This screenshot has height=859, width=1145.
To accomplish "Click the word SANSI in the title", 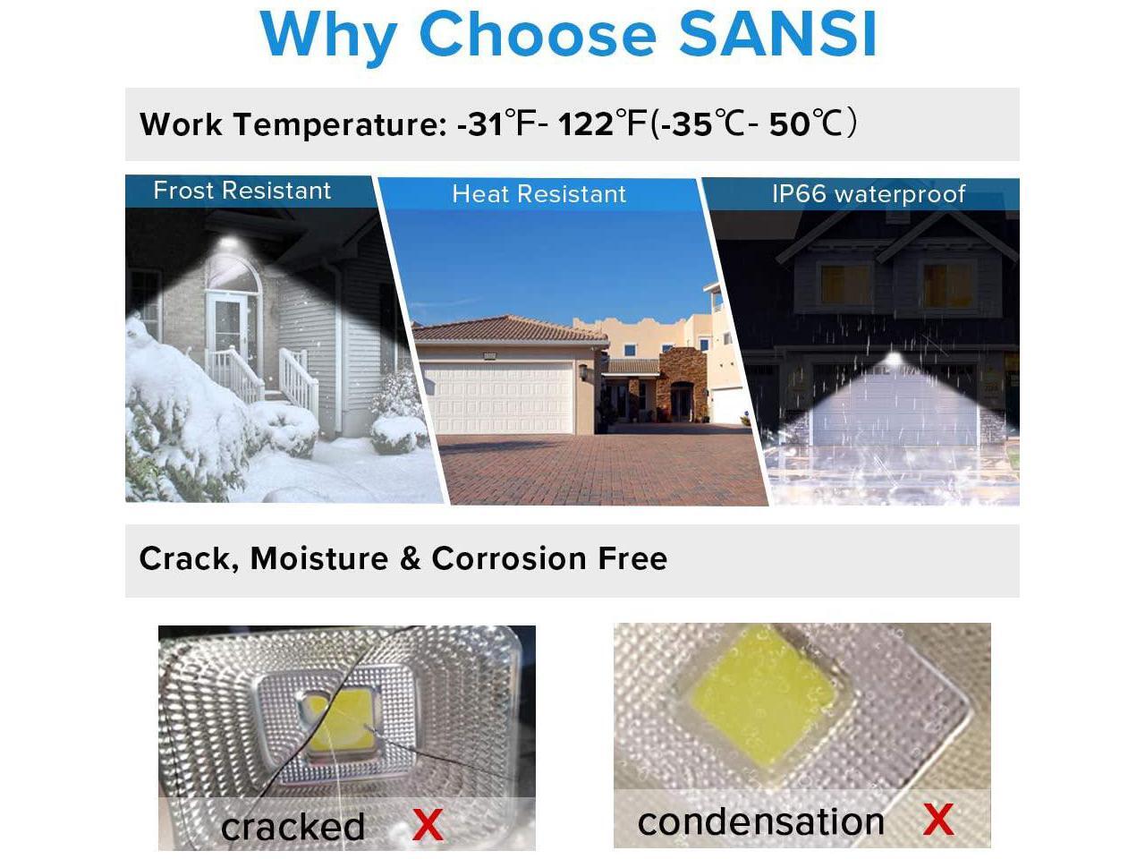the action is [x=777, y=34].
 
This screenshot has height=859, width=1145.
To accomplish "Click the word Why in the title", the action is [x=328, y=38].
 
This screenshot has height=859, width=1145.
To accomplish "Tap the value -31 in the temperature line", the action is [x=479, y=124].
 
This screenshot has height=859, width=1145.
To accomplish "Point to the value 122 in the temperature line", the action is [x=585, y=124].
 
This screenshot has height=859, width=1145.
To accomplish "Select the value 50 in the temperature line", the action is [x=790, y=124].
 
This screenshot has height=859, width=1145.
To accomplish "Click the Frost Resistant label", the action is [x=242, y=191].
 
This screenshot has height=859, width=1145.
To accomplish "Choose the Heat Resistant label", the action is [x=539, y=194].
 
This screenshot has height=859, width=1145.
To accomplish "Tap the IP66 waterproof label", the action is [x=869, y=194].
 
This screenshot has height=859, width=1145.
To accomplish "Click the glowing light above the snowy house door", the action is [x=228, y=243].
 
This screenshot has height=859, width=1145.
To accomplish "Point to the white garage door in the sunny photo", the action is [x=499, y=398].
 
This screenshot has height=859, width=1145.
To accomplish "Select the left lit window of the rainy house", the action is [x=845, y=285].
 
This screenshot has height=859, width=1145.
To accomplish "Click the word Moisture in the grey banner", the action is [x=319, y=558].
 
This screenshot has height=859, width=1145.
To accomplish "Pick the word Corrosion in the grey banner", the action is [x=509, y=558].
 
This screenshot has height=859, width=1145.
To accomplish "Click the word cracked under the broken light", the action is [x=293, y=826].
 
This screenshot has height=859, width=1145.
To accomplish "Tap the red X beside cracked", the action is [x=428, y=825].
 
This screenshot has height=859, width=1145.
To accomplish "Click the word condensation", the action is [x=761, y=821].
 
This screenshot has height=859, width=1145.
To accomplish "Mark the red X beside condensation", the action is [x=938, y=820].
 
